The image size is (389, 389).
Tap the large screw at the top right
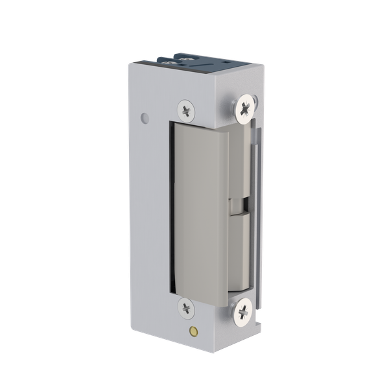click(x=244, y=108)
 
